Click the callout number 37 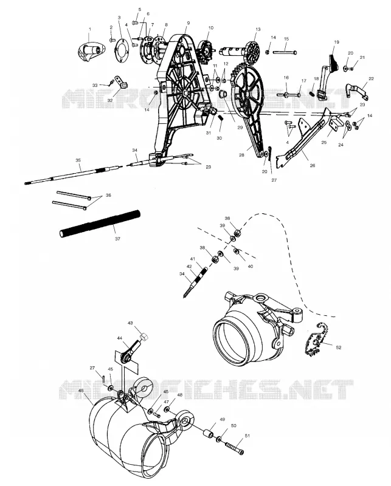[117, 239]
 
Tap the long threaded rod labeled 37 [100, 223]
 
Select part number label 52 [339, 347]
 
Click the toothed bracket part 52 [316, 341]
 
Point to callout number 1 [90, 29]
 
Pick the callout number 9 [189, 23]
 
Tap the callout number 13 [258, 29]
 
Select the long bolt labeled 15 [285, 53]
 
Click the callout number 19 [337, 42]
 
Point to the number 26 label [313, 165]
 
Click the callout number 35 [78, 160]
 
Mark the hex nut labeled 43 [143, 336]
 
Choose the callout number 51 [247, 436]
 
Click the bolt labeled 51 [235, 448]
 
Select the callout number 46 [81, 391]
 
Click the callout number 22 [371, 79]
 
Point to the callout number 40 [251, 266]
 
